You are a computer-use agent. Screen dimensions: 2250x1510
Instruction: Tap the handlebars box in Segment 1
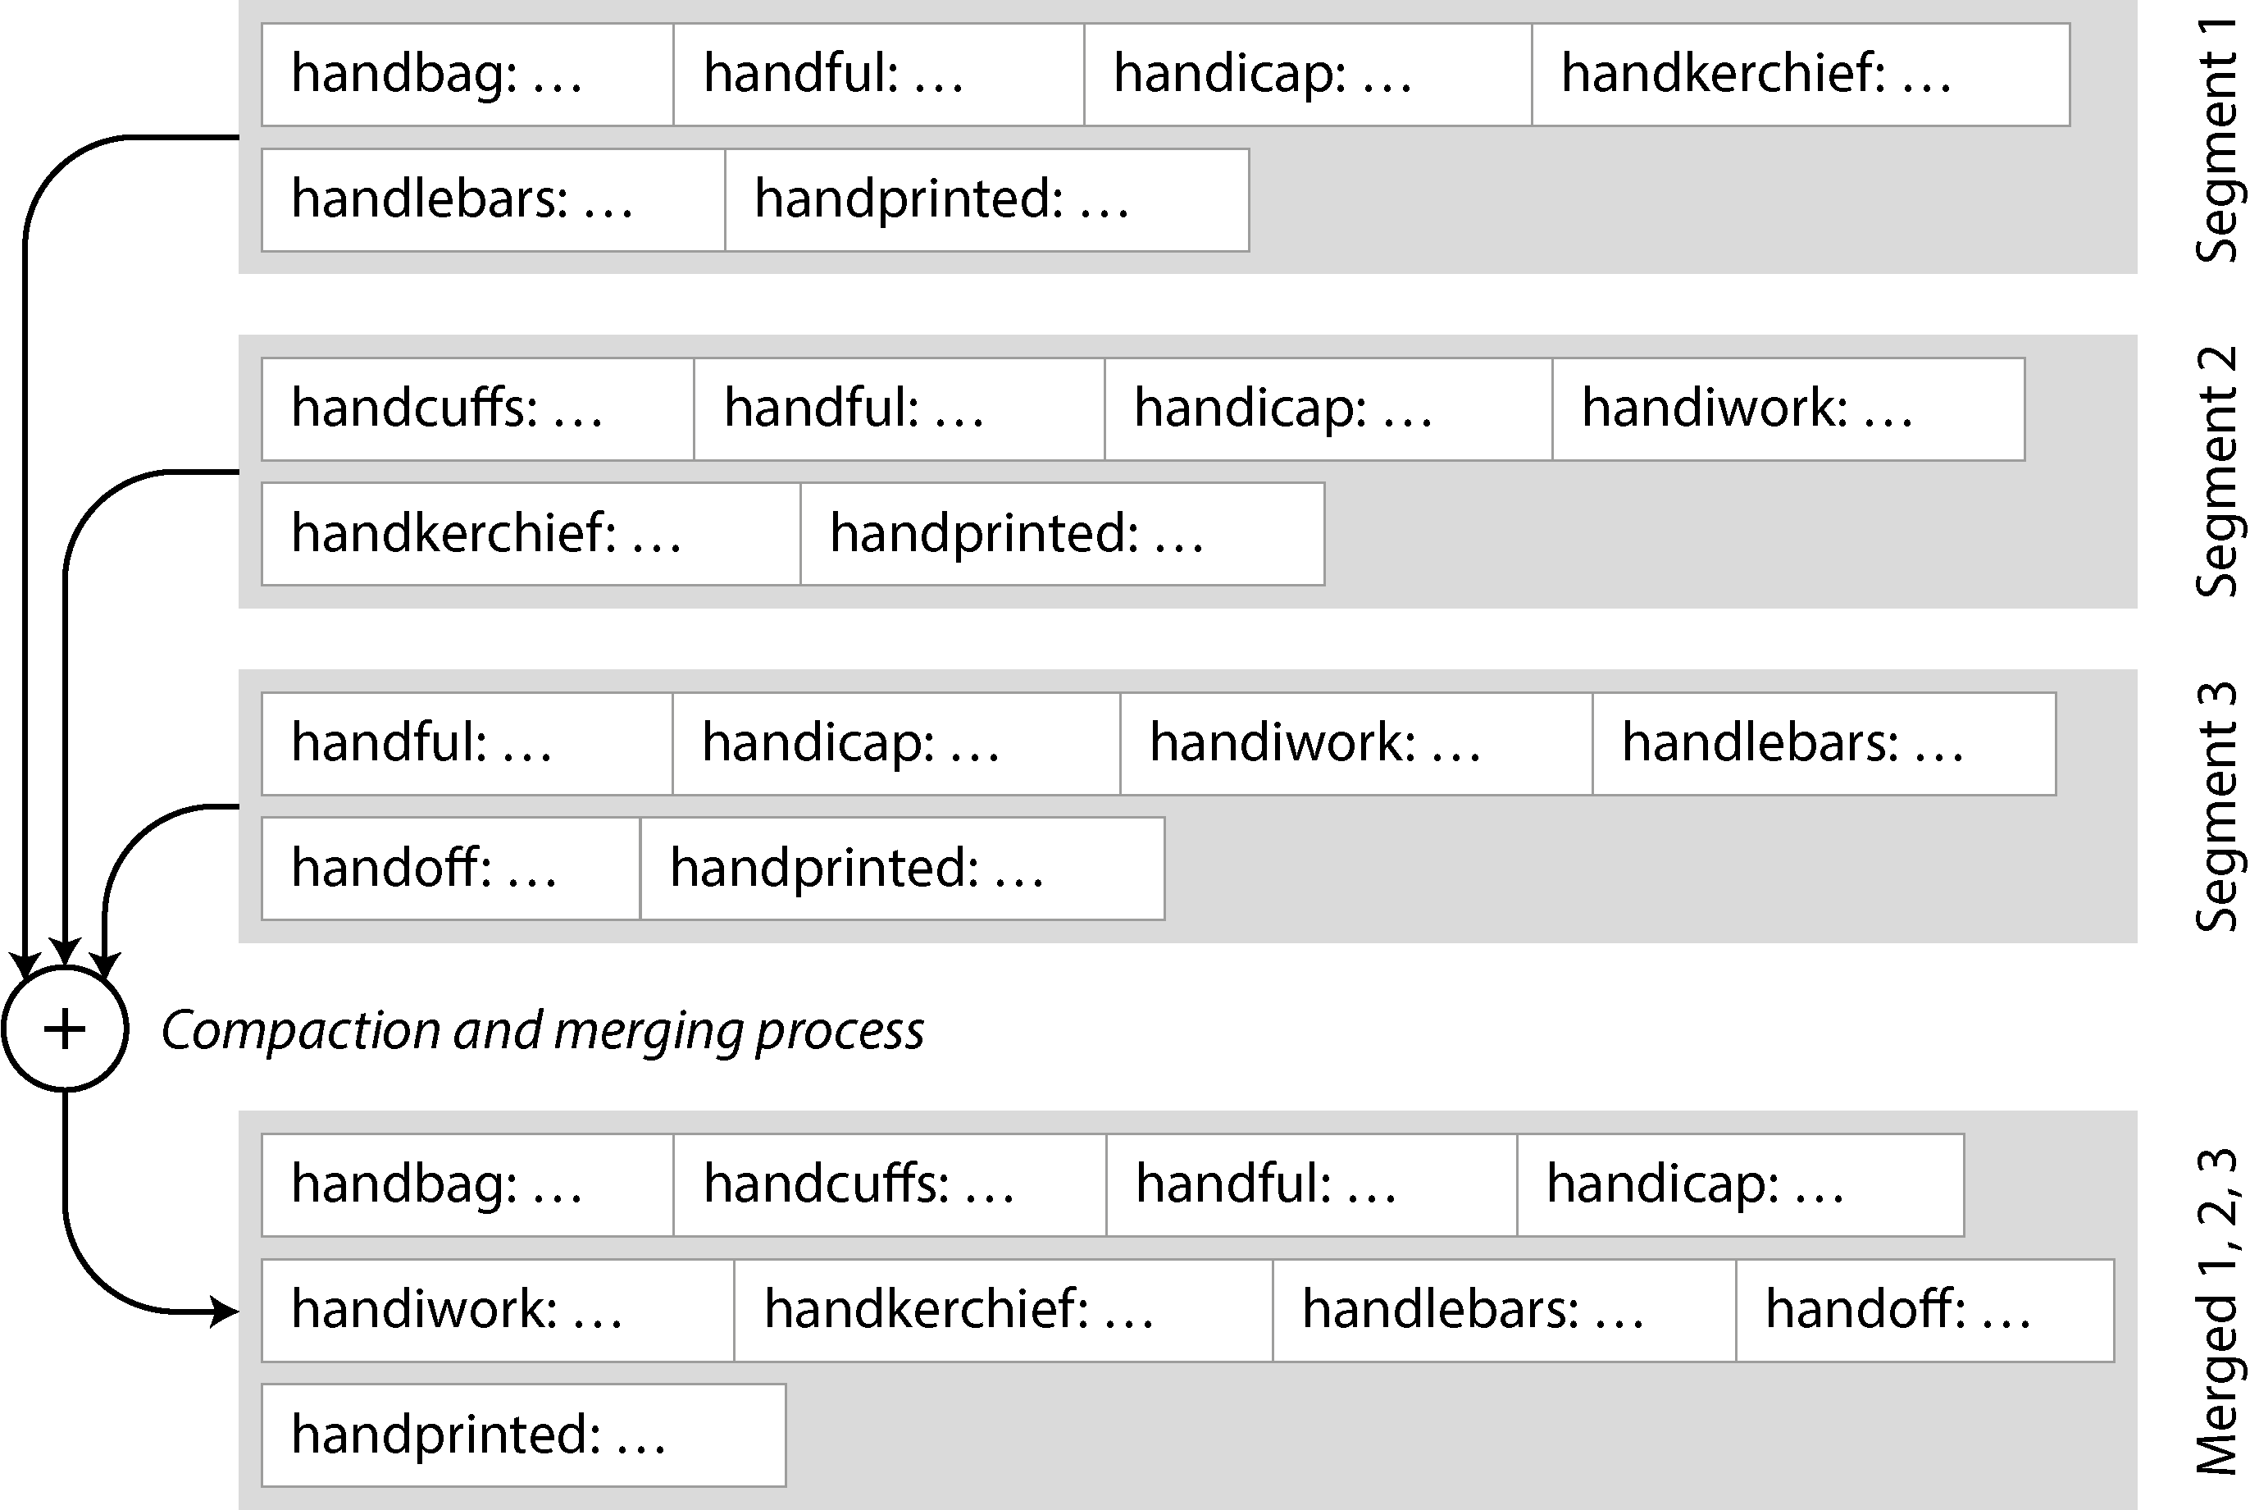[493, 200]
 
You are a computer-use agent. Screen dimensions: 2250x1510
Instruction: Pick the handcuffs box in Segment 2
[477, 409]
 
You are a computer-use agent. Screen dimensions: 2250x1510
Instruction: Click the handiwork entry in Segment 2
[1788, 409]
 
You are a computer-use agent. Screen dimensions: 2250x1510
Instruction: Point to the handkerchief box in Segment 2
[531, 533]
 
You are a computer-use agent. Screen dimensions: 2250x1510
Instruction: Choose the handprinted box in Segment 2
[1062, 533]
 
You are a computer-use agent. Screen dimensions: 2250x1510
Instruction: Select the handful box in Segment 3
[467, 743]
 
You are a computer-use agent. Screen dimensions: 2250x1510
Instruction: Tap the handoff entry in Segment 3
[451, 869]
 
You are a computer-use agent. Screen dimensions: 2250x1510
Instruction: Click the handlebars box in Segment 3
[1824, 743]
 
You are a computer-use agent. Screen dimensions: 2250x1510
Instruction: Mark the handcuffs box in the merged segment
[890, 1184]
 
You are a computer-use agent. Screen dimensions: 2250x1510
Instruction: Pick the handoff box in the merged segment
[1924, 1310]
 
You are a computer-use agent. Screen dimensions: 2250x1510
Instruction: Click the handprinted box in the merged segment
[524, 1435]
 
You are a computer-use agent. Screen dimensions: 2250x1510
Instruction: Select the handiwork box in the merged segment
[498, 1310]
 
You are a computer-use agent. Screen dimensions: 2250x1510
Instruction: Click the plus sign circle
[65, 1029]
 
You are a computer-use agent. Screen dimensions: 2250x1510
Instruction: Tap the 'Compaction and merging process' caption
[542, 1029]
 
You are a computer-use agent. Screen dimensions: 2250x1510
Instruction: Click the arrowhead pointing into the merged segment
[225, 1311]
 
